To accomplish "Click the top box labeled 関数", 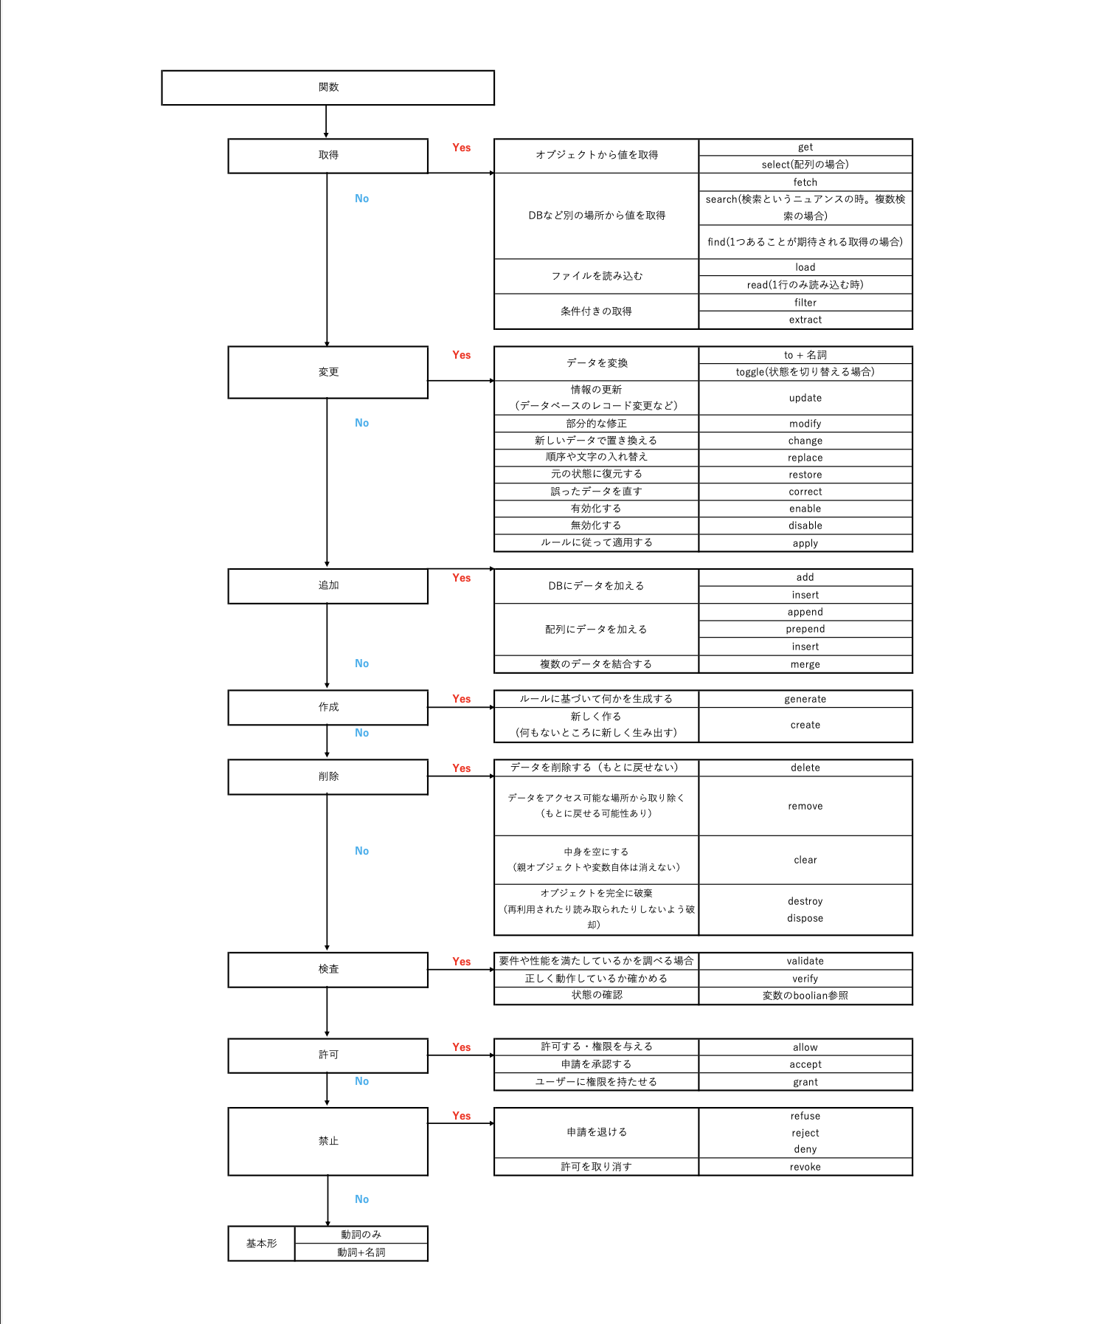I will tap(328, 87).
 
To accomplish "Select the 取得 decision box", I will tap(328, 155).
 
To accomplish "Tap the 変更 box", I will tap(328, 372).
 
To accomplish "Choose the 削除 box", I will tap(328, 776).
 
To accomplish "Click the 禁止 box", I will tap(328, 1141).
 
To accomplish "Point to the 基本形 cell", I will tap(261, 1244).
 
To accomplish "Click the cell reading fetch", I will tap(805, 182).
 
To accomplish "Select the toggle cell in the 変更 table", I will tap(805, 372).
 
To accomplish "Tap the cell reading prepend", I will tap(805, 629).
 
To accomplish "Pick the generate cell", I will tap(805, 699).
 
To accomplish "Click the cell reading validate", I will tap(805, 961).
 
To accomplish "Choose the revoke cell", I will tap(805, 1167).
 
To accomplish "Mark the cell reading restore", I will tap(805, 475).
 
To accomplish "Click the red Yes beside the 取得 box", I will tap(462, 148).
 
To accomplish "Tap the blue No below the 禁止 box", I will tap(361, 1199).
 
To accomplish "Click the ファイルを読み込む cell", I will tap(596, 276).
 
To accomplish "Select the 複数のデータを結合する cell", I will tap(596, 664).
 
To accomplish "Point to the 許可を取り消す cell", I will tap(596, 1167).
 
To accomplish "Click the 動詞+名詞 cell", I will tap(361, 1252).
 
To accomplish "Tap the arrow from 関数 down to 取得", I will tap(326, 122).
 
